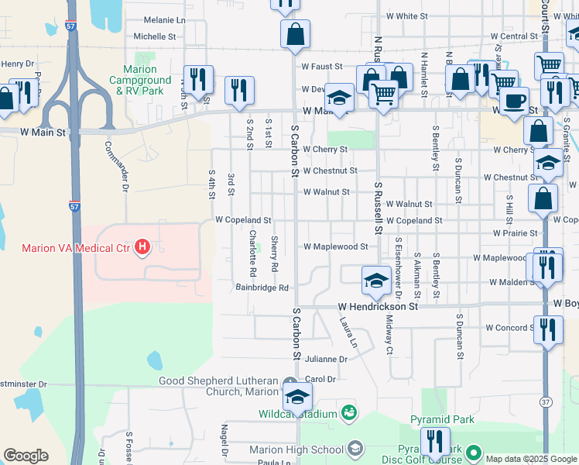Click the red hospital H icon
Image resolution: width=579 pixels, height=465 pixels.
tap(142, 248)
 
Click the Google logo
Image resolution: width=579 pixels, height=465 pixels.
tap(26, 456)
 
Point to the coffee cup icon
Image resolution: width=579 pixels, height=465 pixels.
tap(514, 100)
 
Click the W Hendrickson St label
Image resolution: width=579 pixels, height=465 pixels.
tap(377, 307)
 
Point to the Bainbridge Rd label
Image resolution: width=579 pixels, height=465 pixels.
tap(262, 288)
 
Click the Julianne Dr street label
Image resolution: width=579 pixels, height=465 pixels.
tap(326, 360)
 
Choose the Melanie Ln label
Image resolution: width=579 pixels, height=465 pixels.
tap(165, 19)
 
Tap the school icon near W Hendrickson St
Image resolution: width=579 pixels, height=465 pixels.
tap(376, 280)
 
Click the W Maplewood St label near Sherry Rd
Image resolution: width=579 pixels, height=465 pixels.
tap(335, 246)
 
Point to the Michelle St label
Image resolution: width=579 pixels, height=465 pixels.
tap(155, 36)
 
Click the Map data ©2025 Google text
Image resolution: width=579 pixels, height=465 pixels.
tap(529, 458)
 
